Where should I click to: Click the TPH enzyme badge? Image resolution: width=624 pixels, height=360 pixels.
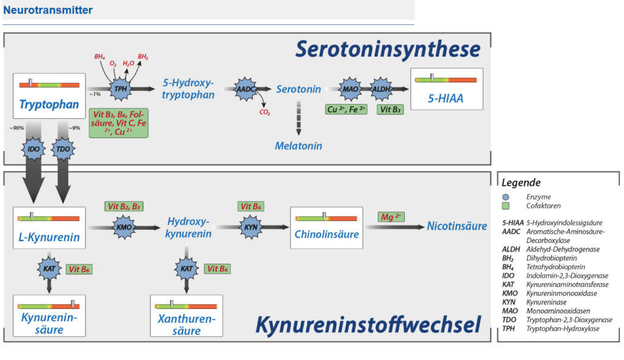(x=119, y=88)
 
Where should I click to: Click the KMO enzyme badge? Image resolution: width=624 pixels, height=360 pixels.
(x=123, y=227)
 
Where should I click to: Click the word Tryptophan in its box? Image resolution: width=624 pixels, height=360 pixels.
(x=49, y=105)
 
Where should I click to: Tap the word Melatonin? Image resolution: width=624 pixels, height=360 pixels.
(x=298, y=146)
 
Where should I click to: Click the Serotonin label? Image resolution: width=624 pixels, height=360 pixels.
(x=299, y=89)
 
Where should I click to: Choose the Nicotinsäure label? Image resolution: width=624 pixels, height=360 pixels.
(x=457, y=226)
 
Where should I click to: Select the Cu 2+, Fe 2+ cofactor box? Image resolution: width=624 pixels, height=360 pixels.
(x=347, y=110)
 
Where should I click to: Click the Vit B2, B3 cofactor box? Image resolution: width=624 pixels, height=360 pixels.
(x=124, y=206)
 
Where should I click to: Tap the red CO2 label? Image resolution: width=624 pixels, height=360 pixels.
(x=264, y=112)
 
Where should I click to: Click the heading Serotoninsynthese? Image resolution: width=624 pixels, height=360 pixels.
(x=388, y=49)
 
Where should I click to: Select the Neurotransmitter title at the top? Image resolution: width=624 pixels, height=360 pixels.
(x=48, y=10)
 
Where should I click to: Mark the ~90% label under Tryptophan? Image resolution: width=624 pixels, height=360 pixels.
(x=17, y=128)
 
